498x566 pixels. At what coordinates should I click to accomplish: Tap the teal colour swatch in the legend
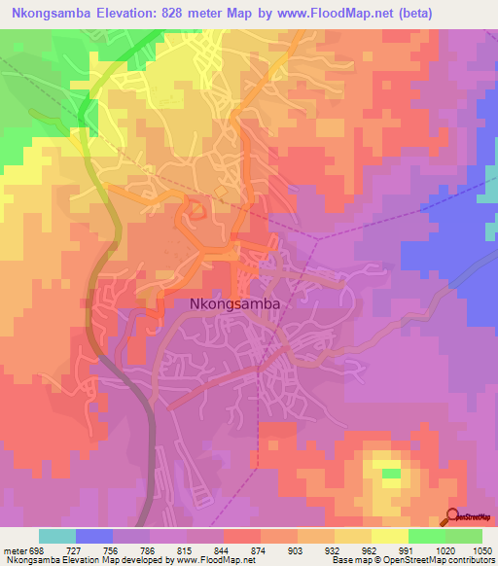pyautogui.click(x=57, y=536)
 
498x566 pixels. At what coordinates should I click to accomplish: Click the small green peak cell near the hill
pyautogui.click(x=390, y=474)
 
